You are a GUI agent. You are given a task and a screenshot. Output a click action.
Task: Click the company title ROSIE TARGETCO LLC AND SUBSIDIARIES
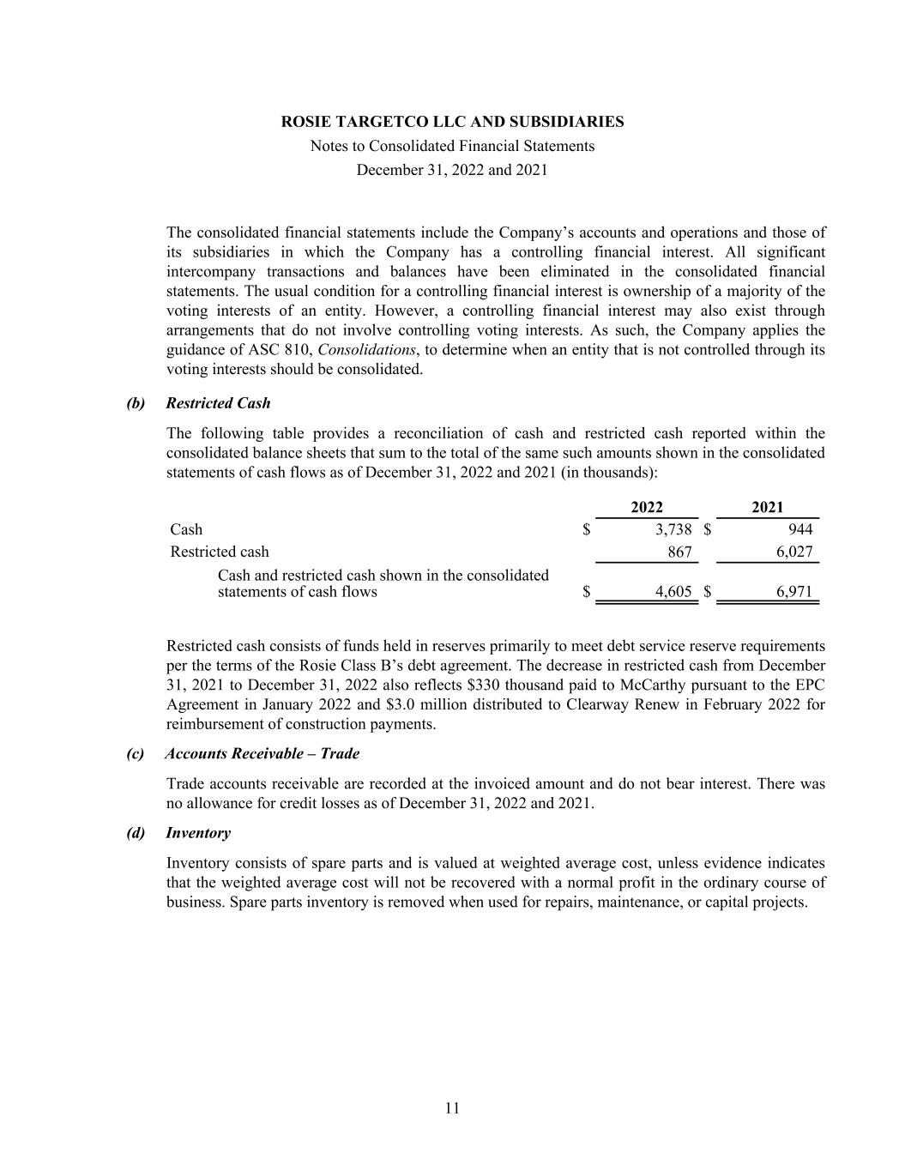tap(452, 122)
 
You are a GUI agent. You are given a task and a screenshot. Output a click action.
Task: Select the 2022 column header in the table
tap(646, 508)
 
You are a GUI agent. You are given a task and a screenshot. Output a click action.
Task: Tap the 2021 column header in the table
tap(767, 508)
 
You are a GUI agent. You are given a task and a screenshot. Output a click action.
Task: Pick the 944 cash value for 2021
tap(799, 529)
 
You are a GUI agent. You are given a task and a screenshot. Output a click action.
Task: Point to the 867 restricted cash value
tap(679, 552)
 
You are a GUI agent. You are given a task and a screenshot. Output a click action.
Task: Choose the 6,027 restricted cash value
tap(794, 552)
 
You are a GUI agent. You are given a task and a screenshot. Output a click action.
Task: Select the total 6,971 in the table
tap(794, 592)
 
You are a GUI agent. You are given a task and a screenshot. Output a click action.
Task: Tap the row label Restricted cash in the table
tap(220, 552)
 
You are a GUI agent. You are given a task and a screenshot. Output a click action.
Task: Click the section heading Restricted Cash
tap(218, 403)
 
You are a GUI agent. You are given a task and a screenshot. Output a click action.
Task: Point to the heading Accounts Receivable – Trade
tap(262, 754)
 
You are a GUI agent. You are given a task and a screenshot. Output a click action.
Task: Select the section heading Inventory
tap(198, 833)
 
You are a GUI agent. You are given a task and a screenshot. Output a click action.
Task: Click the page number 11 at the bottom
tap(452, 1108)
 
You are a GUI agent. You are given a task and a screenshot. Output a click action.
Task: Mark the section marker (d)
tap(136, 833)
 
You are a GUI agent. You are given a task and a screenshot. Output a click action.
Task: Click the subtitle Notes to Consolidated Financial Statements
tap(452, 146)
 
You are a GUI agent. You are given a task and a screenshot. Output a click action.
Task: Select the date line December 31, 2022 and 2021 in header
tap(452, 170)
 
